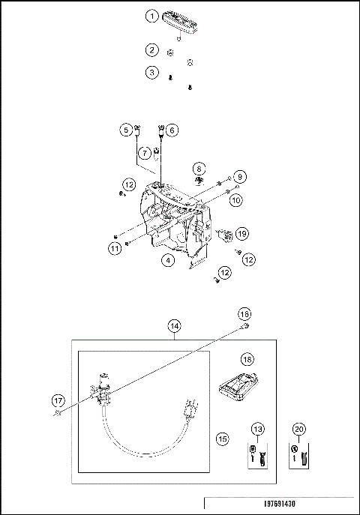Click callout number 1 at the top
152,16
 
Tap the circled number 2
152,50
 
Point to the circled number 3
152,73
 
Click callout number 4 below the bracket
168,260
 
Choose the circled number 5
125,130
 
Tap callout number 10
235,200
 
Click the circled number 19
241,234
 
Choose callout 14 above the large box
175,326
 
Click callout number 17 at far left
57,400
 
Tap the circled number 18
247,360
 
